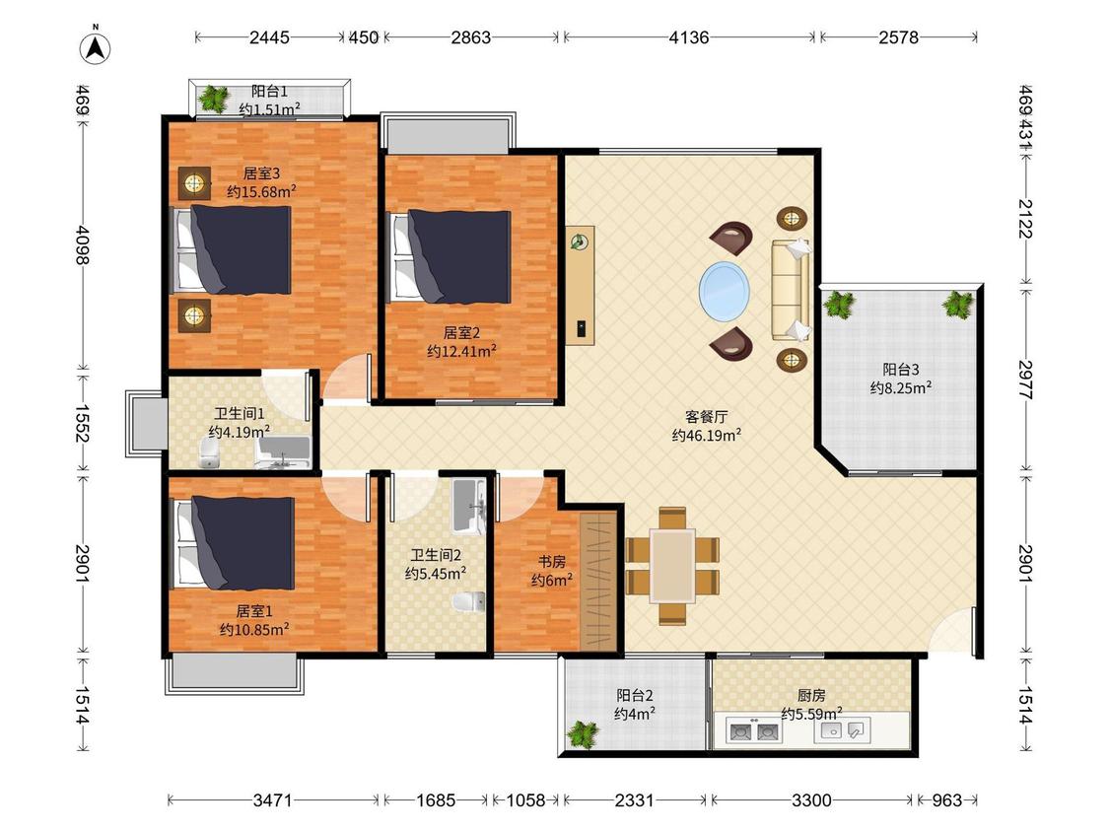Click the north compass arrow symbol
[x=95, y=46]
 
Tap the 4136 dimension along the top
[x=689, y=37]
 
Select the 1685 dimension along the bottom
[x=436, y=800]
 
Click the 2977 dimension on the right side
[x=1026, y=380]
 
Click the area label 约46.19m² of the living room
[x=706, y=435]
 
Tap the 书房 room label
[x=552, y=562]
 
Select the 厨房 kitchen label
[x=811, y=695]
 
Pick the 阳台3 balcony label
[x=900, y=370]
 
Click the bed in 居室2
[x=451, y=257]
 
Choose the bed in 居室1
[x=234, y=543]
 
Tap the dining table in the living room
[x=672, y=566]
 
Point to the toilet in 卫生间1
[x=210, y=452]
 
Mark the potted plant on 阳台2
[x=583, y=734]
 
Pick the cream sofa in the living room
[x=790, y=290]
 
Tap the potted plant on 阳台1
[x=213, y=99]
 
